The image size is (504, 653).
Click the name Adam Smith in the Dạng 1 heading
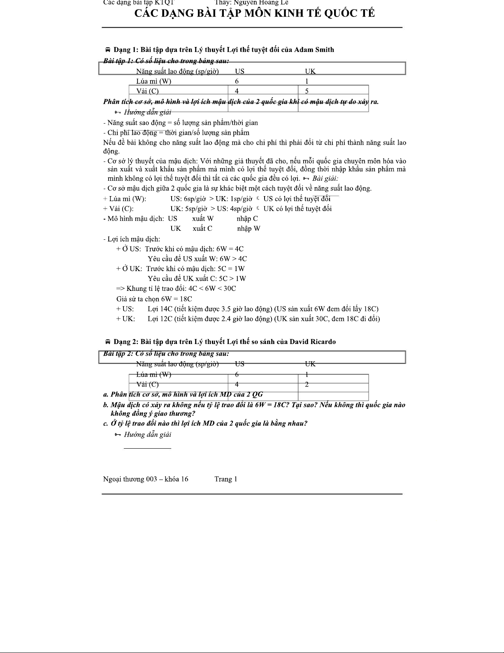(x=314, y=50)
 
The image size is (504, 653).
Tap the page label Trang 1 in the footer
(x=225, y=479)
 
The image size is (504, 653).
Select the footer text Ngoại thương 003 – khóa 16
(x=146, y=479)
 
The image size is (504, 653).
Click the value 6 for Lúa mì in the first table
(x=237, y=81)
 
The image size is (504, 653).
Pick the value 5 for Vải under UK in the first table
(x=307, y=91)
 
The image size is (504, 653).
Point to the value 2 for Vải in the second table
(x=307, y=384)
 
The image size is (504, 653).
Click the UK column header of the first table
(x=310, y=71)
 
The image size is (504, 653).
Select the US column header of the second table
(x=239, y=364)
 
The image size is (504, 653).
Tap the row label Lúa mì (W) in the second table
(x=153, y=374)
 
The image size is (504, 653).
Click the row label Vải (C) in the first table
(x=147, y=91)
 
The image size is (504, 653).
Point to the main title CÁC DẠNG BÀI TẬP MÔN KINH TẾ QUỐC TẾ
(x=255, y=13)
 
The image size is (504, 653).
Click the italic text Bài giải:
(x=325, y=178)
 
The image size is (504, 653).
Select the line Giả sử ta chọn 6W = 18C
(x=154, y=299)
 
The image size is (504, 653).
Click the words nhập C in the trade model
(x=247, y=218)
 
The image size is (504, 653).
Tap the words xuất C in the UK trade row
(x=202, y=228)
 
